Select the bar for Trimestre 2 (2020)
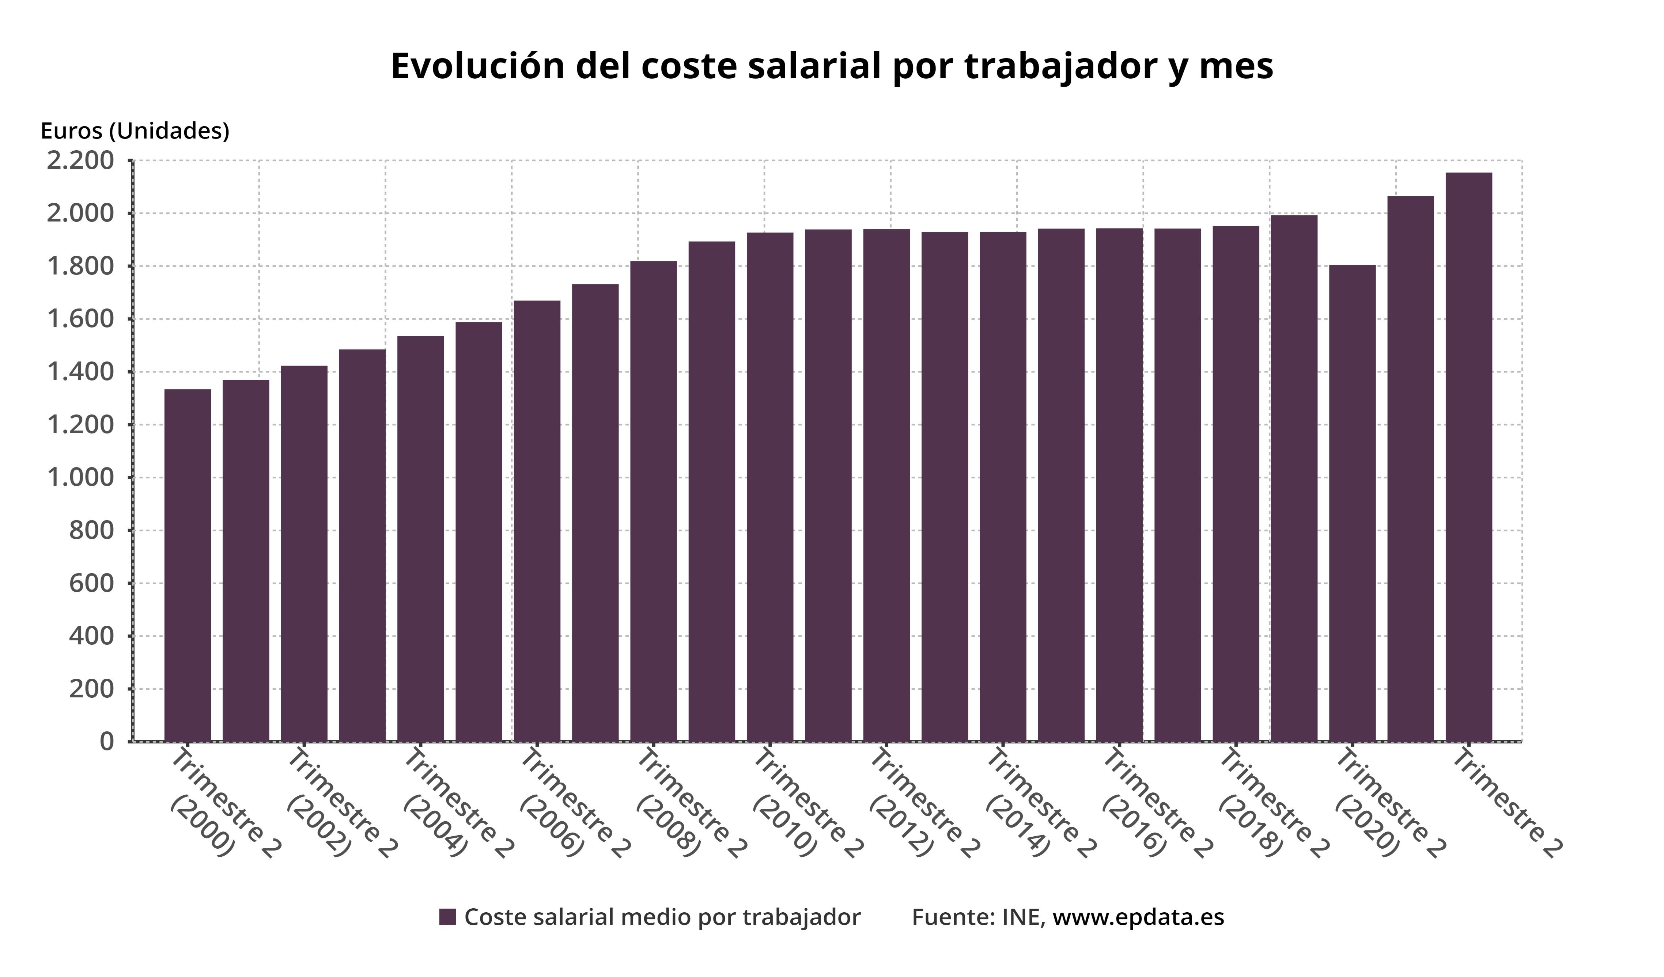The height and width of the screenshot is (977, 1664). pos(1352,502)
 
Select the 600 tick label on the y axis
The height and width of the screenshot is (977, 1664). pos(91,583)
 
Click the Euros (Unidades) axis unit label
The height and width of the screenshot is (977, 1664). pos(135,131)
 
